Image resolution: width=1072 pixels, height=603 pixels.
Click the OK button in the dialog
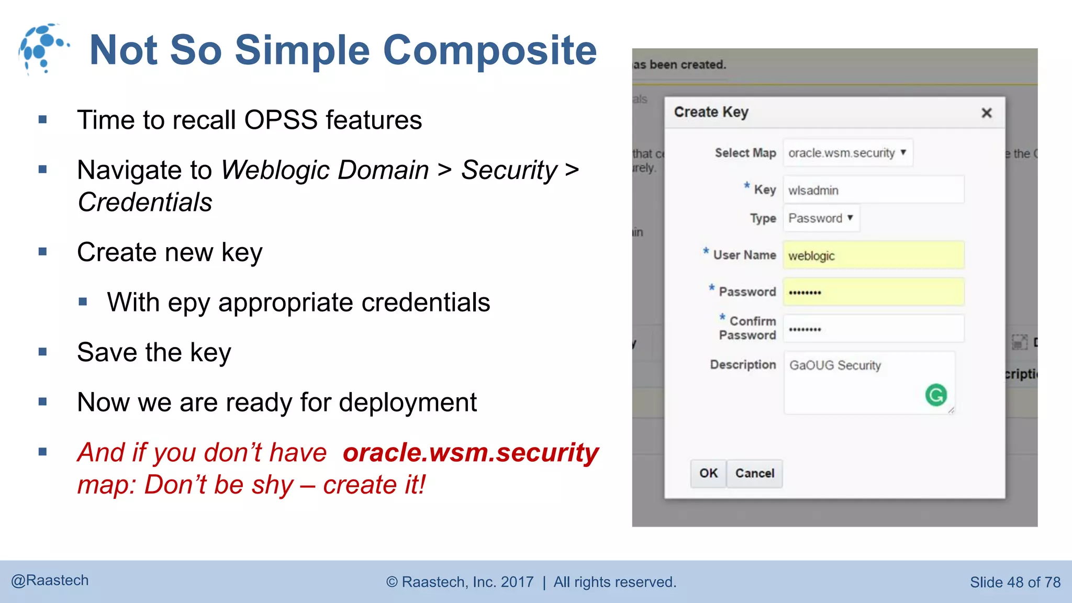[708, 473]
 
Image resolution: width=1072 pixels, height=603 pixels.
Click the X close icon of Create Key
[987, 113]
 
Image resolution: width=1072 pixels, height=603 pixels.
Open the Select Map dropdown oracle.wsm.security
[847, 153]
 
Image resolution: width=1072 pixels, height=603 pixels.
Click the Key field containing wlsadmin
[873, 190]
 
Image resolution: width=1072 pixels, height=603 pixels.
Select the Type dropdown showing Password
[821, 218]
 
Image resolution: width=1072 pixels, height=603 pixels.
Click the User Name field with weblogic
[873, 255]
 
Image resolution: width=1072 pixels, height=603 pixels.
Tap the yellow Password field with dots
[873, 292]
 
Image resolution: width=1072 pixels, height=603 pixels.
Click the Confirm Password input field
[873, 329]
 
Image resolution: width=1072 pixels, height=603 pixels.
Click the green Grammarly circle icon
[936, 395]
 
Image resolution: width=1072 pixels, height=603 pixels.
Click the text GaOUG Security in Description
[835, 365]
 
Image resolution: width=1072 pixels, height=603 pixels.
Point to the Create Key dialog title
[711, 112]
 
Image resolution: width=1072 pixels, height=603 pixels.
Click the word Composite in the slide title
[490, 50]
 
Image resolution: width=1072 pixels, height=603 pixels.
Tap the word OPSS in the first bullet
[281, 120]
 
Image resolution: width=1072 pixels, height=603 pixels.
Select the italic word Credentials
[145, 203]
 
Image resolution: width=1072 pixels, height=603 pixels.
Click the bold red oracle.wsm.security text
[471, 452]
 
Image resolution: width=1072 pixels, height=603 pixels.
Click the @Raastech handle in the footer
[50, 580]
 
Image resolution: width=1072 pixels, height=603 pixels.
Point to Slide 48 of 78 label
[1015, 582]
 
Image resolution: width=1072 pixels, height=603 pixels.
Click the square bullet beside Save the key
[43, 352]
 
